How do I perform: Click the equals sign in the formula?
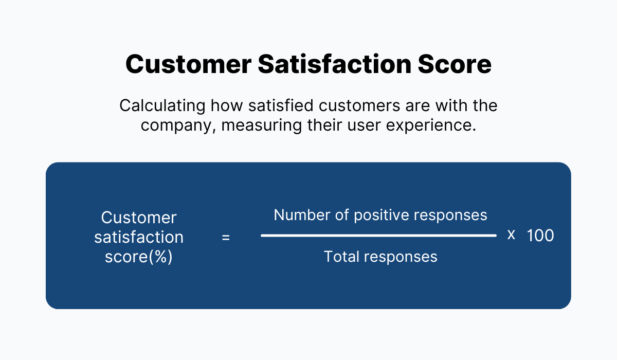[226, 238]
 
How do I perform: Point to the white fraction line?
[378, 236]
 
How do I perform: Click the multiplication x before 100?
[511, 235]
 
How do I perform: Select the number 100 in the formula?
[540, 236]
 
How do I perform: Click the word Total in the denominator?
[341, 256]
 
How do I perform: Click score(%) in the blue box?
[139, 257]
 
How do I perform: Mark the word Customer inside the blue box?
[139, 218]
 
